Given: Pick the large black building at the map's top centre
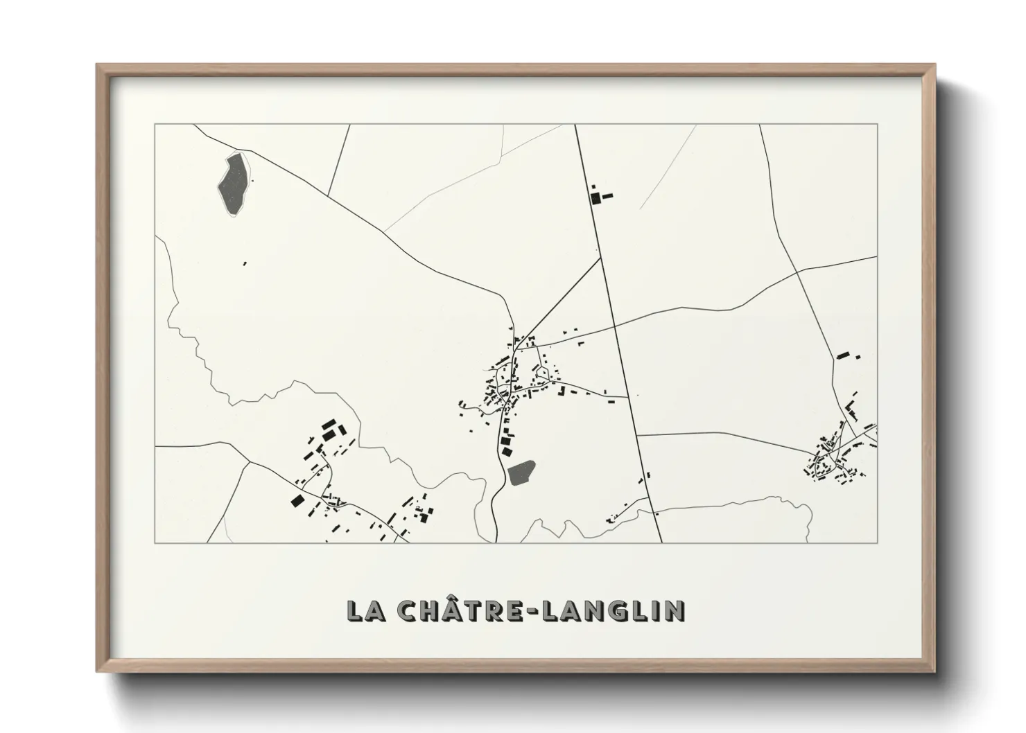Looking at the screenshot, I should (x=595, y=198).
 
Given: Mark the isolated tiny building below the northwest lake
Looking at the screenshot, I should (x=244, y=263).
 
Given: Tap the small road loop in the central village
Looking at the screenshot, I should (x=541, y=374).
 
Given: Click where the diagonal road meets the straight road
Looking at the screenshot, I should (x=600, y=259).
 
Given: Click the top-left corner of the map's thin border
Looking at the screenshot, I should (x=155, y=125).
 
